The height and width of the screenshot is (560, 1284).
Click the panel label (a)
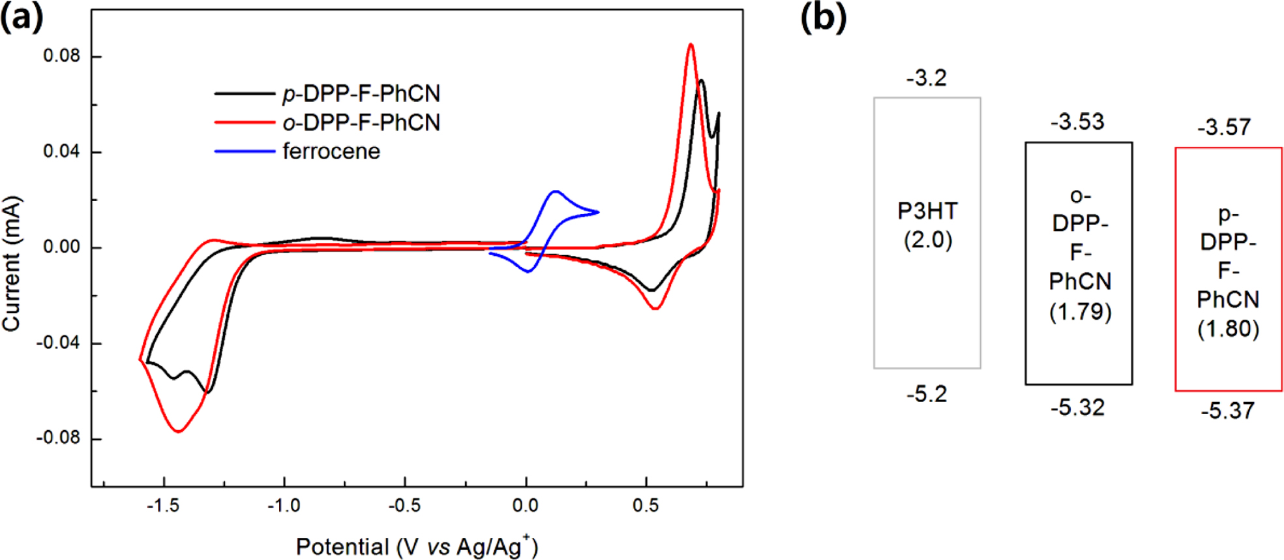click(x=22, y=18)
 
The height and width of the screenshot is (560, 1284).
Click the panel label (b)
click(x=823, y=18)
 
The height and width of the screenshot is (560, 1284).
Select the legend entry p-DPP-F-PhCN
click(x=361, y=94)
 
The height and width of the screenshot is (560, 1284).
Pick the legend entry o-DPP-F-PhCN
click(x=361, y=123)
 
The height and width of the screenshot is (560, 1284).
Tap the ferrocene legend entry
click(x=331, y=151)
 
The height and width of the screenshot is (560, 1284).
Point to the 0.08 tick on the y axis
click(x=62, y=56)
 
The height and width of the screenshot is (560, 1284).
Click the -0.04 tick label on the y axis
click(x=59, y=343)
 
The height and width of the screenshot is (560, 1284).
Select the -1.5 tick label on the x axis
click(x=162, y=506)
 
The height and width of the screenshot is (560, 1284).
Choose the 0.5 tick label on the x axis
click(x=646, y=506)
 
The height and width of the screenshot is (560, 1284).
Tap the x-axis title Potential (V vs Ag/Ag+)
click(x=417, y=546)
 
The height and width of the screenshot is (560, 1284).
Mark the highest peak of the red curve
click(x=691, y=44)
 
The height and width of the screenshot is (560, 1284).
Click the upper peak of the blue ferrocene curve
click(x=556, y=191)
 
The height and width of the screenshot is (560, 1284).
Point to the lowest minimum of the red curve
click(x=179, y=431)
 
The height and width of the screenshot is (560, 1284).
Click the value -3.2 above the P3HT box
click(x=926, y=78)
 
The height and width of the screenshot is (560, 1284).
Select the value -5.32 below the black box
click(x=1077, y=408)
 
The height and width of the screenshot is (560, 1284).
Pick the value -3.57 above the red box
click(x=1224, y=127)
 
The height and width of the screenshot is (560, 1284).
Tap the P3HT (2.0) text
click(x=927, y=226)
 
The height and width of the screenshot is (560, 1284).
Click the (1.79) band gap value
click(x=1080, y=311)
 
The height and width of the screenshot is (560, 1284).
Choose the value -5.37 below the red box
click(x=1227, y=411)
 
